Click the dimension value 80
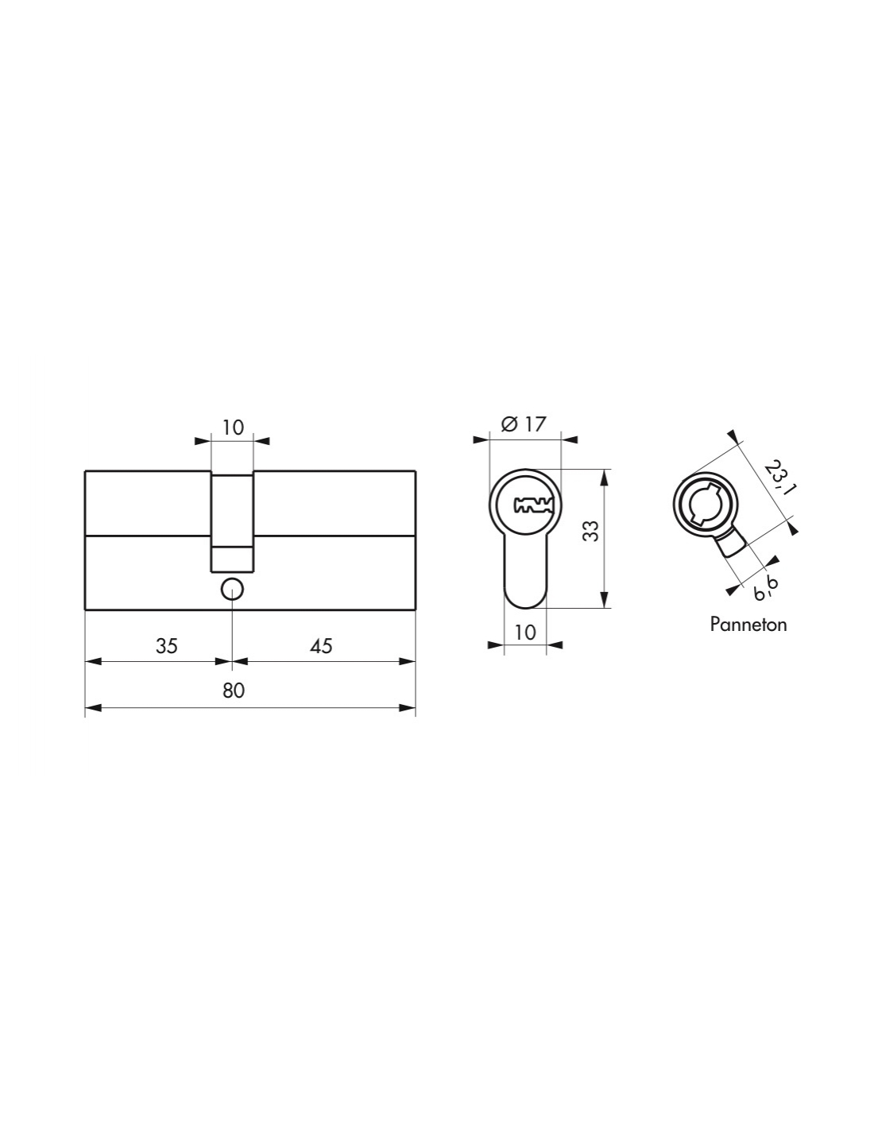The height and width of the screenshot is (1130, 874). (x=234, y=691)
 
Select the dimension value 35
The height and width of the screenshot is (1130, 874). (x=166, y=646)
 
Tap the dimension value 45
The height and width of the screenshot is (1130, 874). (x=321, y=646)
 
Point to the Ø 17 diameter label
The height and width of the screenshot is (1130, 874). (x=523, y=424)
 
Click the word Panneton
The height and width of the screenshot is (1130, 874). (x=748, y=624)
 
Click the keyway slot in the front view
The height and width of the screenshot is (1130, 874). (x=533, y=505)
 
